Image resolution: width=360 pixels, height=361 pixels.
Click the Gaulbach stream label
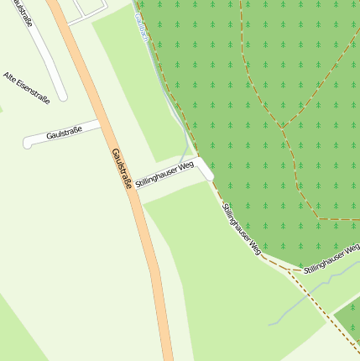(x=143, y=30)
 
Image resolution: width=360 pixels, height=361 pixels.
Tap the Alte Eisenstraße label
(x=26, y=88)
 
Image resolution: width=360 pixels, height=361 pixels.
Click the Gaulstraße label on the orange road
(x=122, y=168)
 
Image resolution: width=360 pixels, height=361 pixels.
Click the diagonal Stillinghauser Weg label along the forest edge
(x=243, y=228)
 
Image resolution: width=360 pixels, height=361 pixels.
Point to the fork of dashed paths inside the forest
(x=282, y=128)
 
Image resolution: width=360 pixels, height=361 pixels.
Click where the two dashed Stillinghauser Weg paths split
(x=290, y=270)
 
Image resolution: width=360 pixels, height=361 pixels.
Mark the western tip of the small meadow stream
(x=269, y=324)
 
